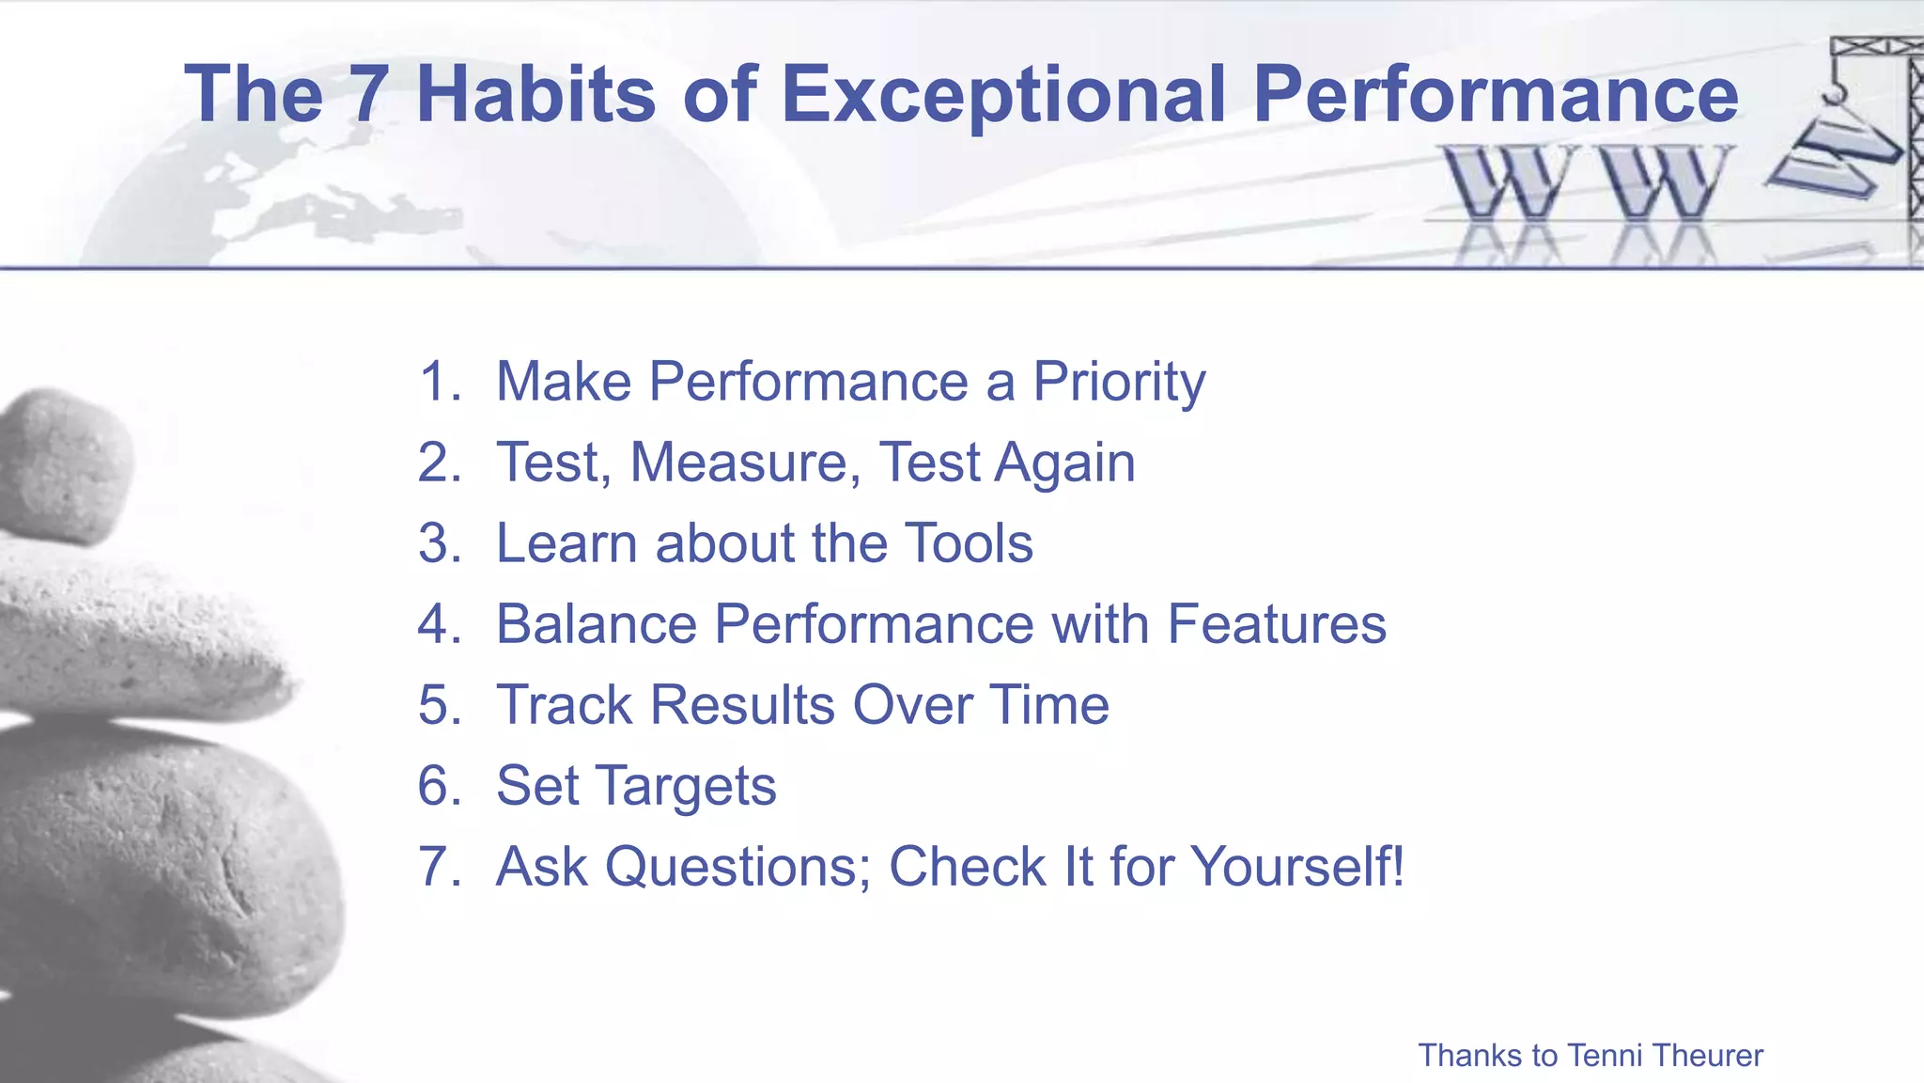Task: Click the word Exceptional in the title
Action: tap(1003, 94)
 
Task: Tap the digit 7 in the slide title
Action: tap(368, 94)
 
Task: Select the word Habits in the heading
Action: tap(535, 94)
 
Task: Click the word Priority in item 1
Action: tap(1118, 382)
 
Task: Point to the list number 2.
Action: tap(438, 463)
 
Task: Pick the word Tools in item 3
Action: tap(970, 543)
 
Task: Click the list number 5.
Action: tap(438, 705)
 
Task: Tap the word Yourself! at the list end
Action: tap(1298, 867)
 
